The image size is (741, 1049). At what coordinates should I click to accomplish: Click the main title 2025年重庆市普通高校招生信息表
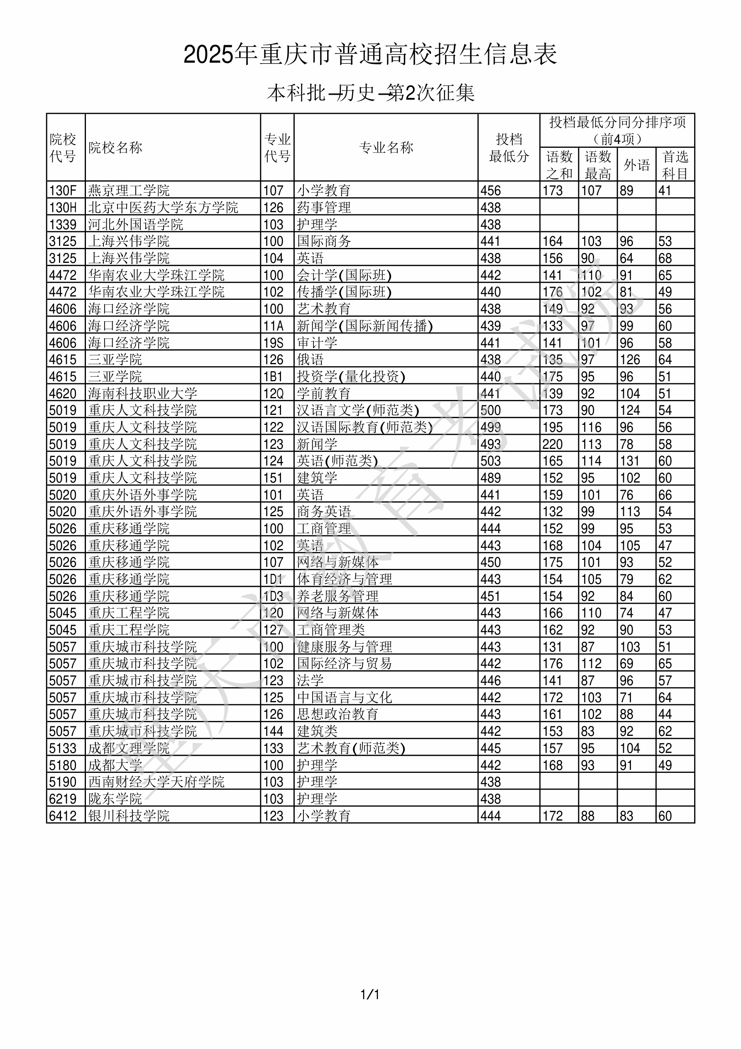[370, 54]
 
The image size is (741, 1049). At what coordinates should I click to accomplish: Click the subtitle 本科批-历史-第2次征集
[370, 93]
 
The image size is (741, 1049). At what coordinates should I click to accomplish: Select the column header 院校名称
[115, 147]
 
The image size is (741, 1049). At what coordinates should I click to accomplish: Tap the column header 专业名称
[386, 147]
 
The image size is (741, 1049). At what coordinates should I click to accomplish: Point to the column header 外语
[636, 165]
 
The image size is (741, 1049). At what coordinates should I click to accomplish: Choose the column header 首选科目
[675, 165]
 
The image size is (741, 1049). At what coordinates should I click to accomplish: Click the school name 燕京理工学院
[128, 190]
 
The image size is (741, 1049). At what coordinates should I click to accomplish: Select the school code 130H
[63, 207]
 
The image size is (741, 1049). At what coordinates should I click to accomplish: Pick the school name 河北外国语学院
[135, 224]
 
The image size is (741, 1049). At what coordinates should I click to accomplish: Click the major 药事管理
[324, 207]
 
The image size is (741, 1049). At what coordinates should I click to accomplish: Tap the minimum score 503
[491, 461]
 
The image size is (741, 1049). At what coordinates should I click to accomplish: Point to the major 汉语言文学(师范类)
[358, 410]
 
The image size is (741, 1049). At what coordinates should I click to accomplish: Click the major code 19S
[273, 343]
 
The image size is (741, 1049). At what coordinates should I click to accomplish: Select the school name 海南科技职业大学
[142, 393]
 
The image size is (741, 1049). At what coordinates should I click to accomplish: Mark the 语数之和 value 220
[552, 444]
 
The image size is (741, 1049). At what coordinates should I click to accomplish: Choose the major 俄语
[310, 360]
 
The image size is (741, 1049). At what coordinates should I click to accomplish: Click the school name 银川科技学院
[128, 816]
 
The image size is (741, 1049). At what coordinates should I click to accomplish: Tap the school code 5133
[63, 748]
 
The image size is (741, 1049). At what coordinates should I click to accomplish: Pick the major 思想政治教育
[337, 715]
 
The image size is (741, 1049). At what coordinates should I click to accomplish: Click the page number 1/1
[370, 994]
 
